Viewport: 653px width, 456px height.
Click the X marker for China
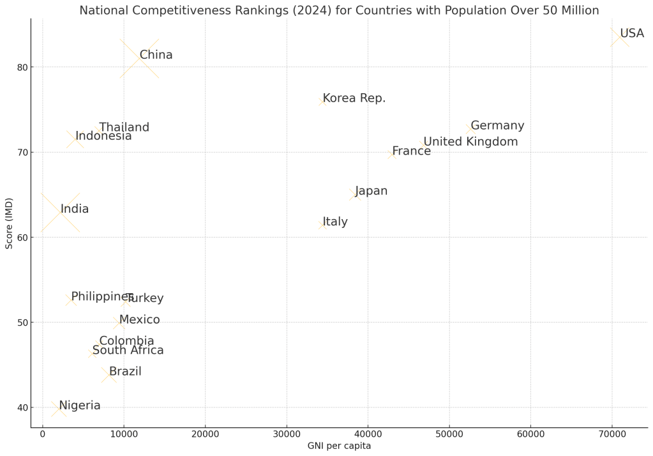click(140, 58)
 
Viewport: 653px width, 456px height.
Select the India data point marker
click(61, 212)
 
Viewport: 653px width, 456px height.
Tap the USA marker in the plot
click(620, 37)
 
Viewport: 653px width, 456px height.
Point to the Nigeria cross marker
click(59, 409)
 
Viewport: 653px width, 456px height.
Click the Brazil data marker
click(109, 375)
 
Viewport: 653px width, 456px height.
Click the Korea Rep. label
click(354, 98)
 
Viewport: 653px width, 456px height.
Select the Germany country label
click(497, 126)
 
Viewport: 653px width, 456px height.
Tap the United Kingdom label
click(470, 142)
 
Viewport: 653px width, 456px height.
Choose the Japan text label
click(372, 191)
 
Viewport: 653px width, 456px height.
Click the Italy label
click(335, 222)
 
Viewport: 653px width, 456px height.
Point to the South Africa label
click(128, 350)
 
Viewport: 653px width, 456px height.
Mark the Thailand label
click(124, 128)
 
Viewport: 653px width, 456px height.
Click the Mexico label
click(139, 320)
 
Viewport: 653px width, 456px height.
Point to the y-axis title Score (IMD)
click(9, 224)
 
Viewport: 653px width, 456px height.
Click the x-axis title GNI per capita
click(339, 446)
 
